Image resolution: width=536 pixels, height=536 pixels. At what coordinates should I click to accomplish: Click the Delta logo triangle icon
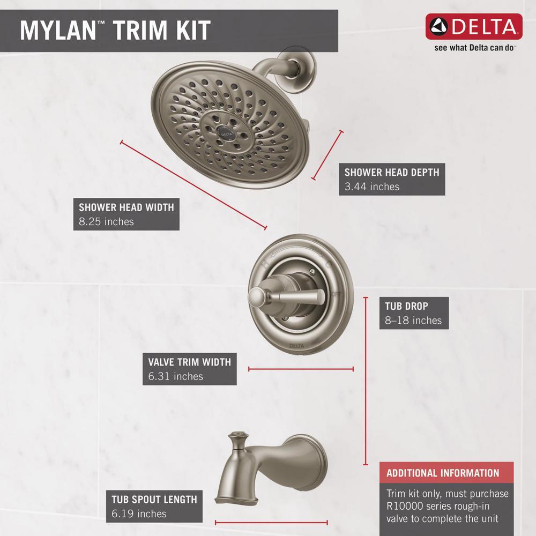[438, 27]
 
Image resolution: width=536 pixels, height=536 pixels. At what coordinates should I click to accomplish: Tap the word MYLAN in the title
[58, 31]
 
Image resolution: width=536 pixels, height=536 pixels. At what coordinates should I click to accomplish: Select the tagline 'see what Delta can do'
[474, 48]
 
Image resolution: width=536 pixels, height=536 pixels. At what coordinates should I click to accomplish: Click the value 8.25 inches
[106, 221]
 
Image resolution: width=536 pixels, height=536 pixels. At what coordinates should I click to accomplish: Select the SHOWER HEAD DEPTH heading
[392, 172]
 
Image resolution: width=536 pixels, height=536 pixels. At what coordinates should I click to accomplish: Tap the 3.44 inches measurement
[372, 187]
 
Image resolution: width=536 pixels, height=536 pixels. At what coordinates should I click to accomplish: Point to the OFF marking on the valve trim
[337, 294]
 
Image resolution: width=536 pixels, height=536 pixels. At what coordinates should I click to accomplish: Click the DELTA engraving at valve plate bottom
[296, 346]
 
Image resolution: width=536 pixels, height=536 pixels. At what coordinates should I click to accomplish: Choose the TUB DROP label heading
[406, 306]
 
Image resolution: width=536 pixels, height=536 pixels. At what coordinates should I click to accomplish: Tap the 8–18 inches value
[413, 321]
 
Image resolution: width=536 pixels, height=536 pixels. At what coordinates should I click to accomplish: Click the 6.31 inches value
[176, 376]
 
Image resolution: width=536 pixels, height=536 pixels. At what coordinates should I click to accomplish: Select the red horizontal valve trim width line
[301, 369]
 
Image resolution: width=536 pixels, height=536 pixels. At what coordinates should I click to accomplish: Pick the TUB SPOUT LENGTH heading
[154, 500]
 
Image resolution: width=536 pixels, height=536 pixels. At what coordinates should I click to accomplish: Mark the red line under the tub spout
[271, 523]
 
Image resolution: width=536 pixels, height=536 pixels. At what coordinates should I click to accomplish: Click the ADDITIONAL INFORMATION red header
[446, 472]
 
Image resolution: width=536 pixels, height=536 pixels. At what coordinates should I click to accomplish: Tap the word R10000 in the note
[405, 506]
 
